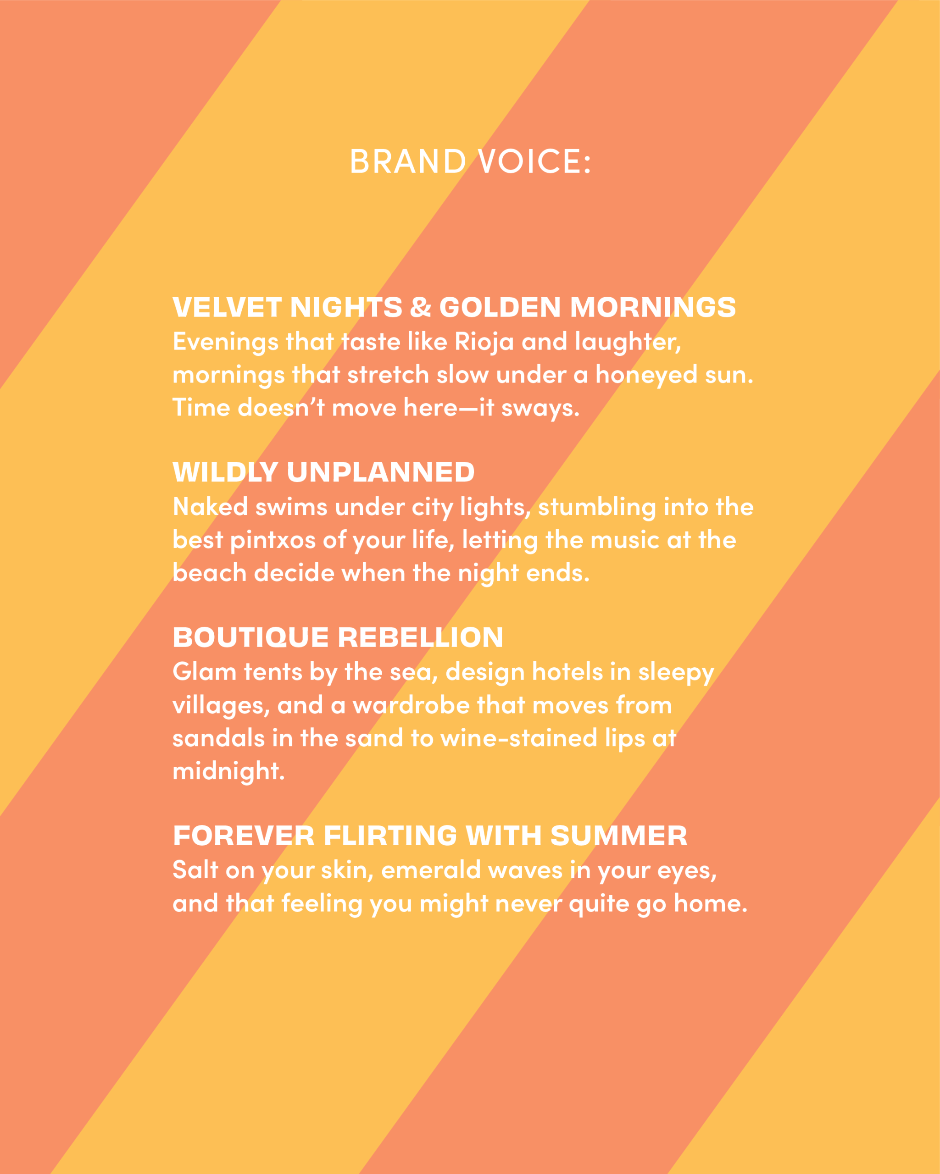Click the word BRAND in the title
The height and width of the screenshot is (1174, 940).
408,162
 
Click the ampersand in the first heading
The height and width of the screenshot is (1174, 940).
420,307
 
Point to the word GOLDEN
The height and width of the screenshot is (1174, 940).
500,307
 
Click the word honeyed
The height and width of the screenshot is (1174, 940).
646,375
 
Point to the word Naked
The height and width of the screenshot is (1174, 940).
210,507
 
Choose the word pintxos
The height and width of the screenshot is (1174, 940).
273,541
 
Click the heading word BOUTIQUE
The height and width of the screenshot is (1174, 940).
250,637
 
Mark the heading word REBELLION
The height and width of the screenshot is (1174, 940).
420,637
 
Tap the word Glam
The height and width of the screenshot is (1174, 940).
204,672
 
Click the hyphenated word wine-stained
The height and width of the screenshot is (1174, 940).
518,739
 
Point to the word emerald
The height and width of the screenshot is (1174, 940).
431,870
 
